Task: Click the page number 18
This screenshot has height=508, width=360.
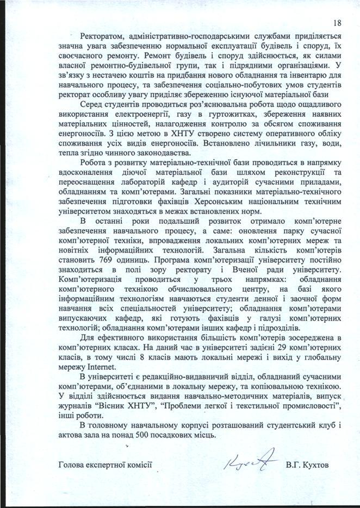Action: click(336, 23)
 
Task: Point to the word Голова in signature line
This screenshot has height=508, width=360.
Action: click(71, 465)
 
